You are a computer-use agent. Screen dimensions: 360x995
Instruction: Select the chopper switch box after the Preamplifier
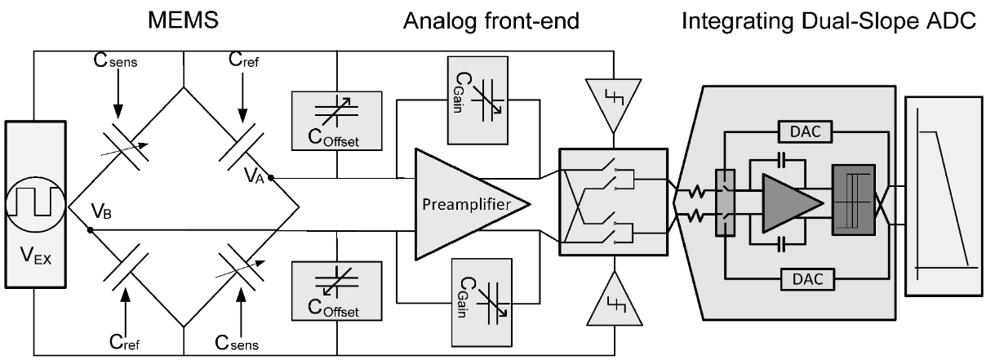coord(612,200)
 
